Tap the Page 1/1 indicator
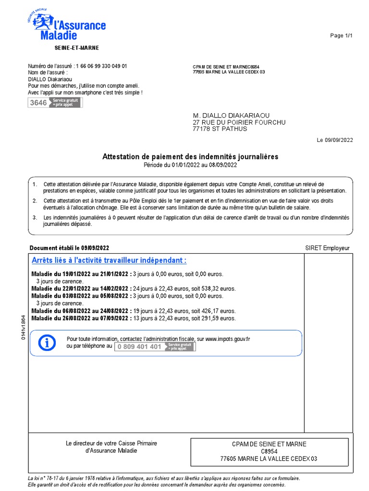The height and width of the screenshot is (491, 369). pos(341,36)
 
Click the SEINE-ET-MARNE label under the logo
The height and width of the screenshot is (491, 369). pos(76,48)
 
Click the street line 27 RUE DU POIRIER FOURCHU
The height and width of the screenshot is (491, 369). pos(239,122)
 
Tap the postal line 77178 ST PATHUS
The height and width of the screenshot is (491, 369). pos(220,129)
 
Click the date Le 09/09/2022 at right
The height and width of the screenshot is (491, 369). pos(334,140)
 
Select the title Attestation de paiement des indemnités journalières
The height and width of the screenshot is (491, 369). pos(190,157)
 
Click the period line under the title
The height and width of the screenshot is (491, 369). pos(190,165)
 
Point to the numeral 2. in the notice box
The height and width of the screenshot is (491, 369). pos(35,201)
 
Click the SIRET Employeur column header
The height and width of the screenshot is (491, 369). pos(327,248)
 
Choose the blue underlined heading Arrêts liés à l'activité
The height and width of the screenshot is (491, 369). pos(109,260)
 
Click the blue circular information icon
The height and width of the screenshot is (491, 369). pos(47,343)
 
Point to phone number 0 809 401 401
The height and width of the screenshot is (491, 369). pos(139,347)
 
